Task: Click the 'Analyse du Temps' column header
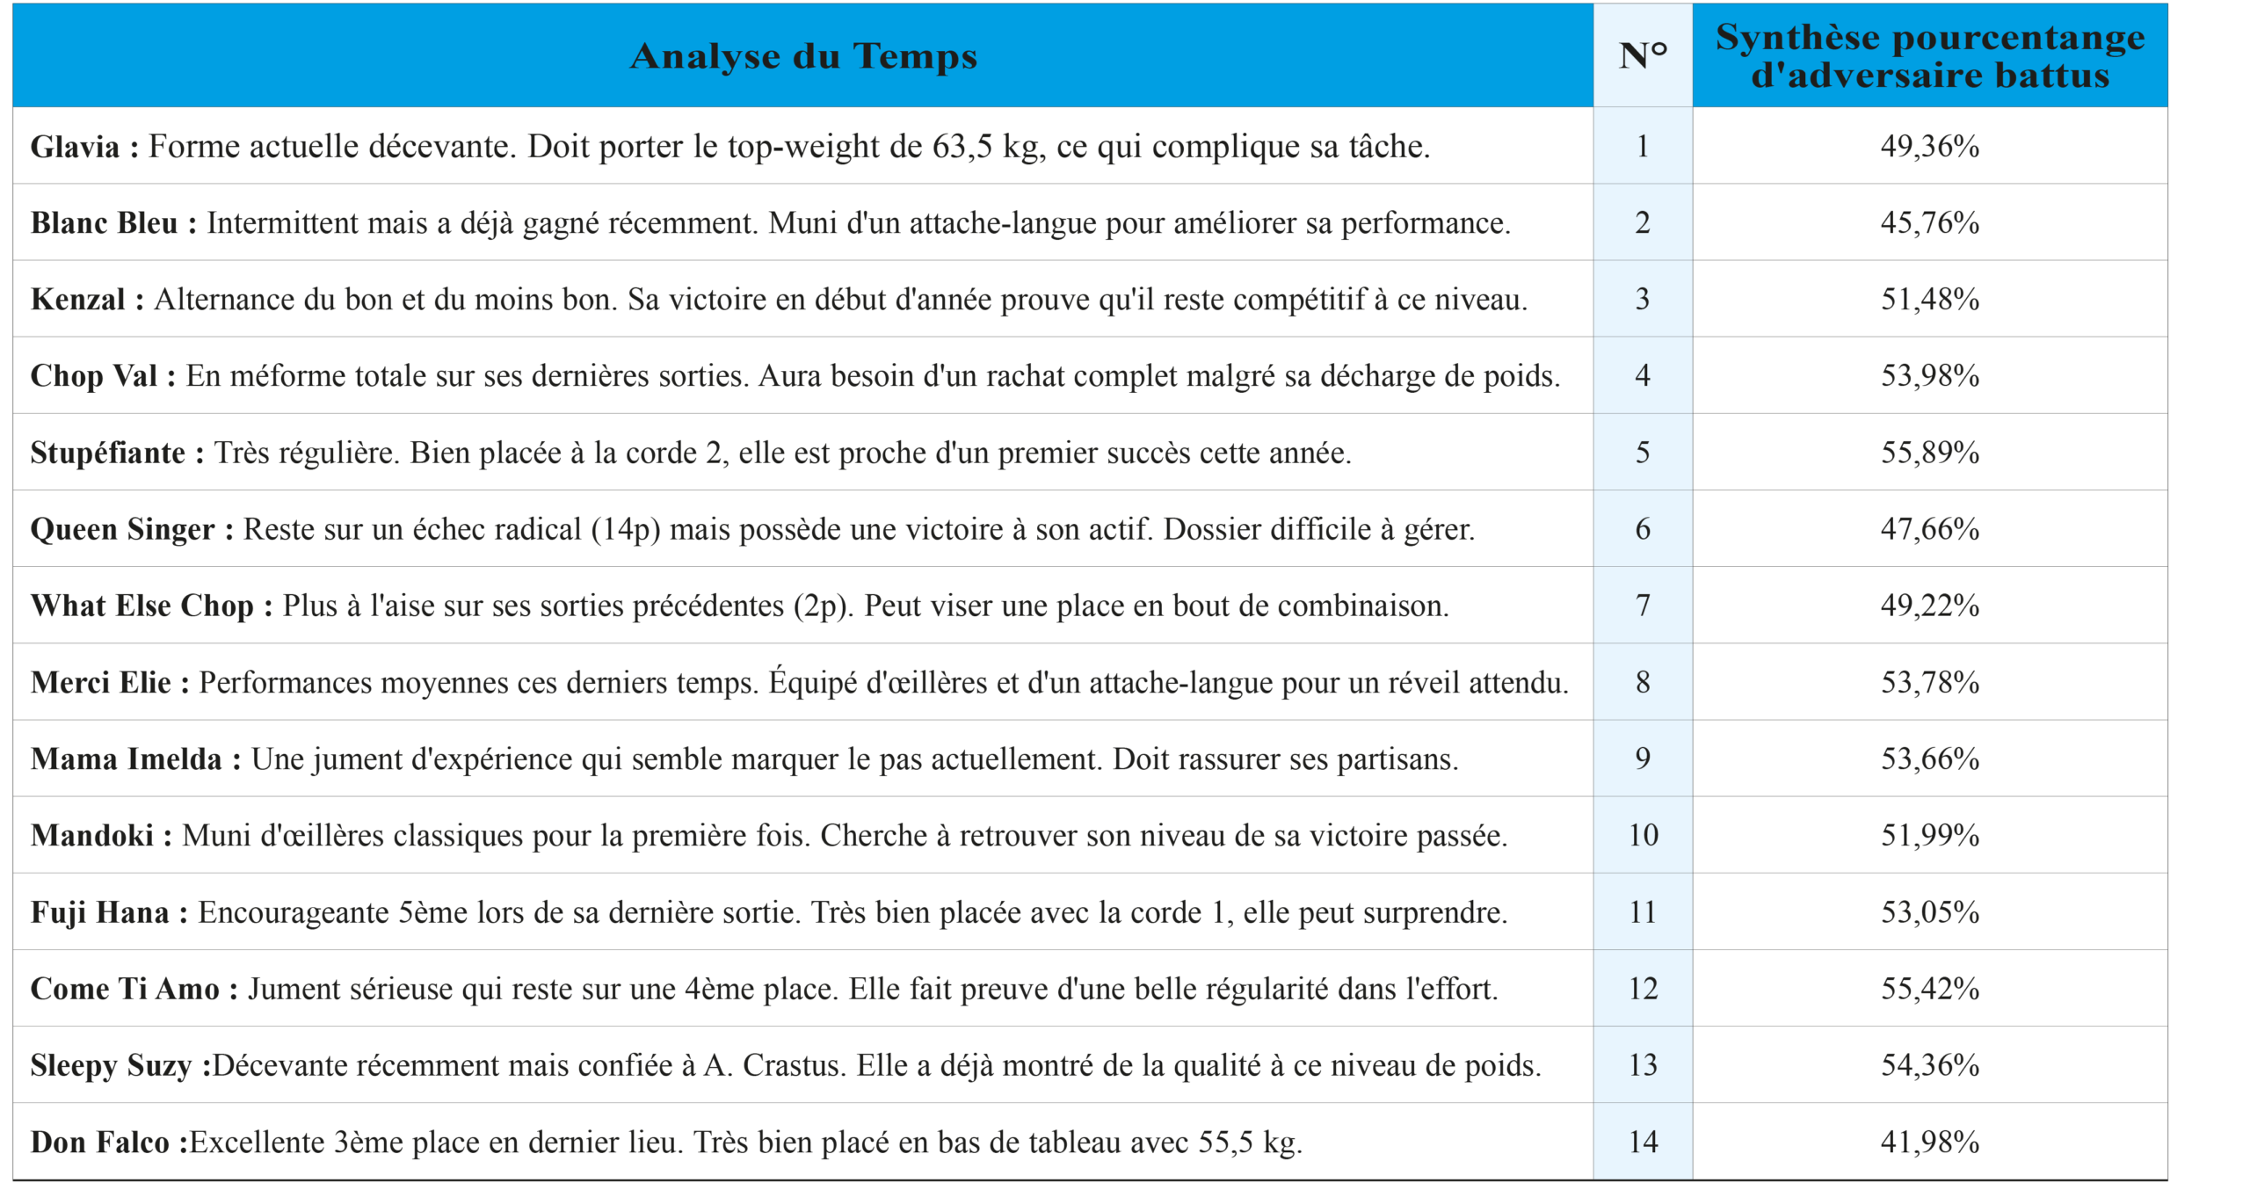point(803,56)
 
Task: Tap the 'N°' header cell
point(1643,56)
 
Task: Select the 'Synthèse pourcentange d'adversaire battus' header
point(1930,56)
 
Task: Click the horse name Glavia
point(75,147)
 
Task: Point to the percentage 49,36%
point(1930,147)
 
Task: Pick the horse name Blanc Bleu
point(104,223)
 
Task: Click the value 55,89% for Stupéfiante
point(1930,453)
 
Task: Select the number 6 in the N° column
point(1643,529)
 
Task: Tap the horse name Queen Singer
point(122,529)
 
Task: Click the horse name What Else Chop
point(142,606)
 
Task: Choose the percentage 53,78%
point(1930,682)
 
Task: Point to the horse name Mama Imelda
point(126,759)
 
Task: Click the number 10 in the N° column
point(1643,836)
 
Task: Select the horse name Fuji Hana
point(99,912)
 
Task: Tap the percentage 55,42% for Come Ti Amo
point(1930,989)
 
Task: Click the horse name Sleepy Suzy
point(111,1065)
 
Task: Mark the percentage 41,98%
point(1930,1142)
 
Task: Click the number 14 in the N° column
point(1643,1142)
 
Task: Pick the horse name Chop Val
point(93,376)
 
